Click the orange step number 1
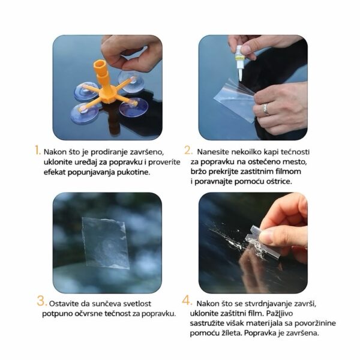(x=37, y=150)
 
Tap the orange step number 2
(x=188, y=150)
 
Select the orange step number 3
(x=42, y=301)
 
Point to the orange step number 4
(x=187, y=301)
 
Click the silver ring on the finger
(x=266, y=109)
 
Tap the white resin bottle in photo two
(x=239, y=62)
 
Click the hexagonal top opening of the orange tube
(x=100, y=65)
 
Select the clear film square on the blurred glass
(x=106, y=243)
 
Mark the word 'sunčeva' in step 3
(x=106, y=304)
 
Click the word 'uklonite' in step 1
(x=58, y=162)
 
